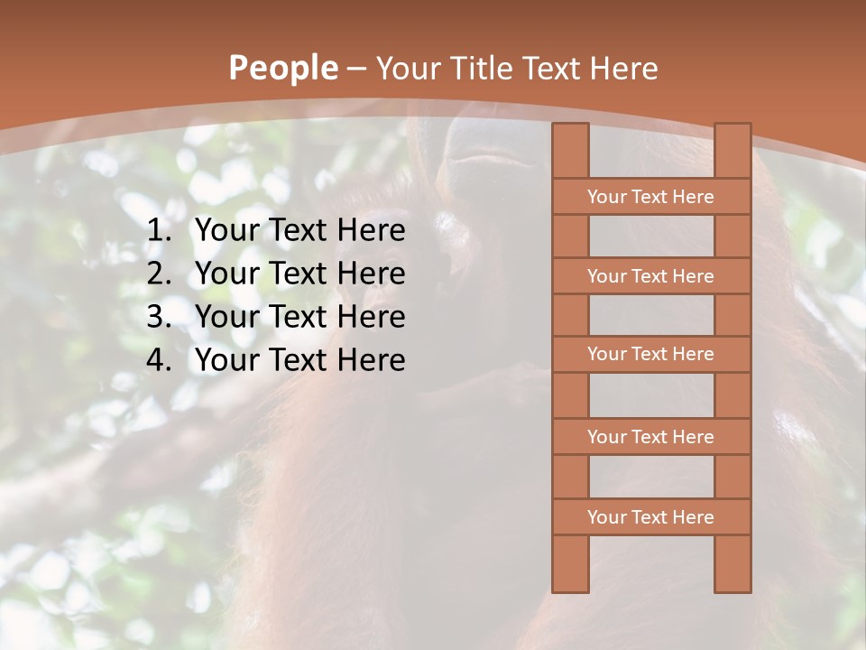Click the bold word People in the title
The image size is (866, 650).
[x=283, y=68]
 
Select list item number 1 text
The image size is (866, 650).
[x=299, y=230]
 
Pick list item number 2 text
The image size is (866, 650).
[x=299, y=274]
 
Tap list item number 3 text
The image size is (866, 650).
[x=299, y=317]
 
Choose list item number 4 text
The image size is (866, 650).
[x=299, y=360]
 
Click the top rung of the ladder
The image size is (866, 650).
[x=650, y=197]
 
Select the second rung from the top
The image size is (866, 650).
[x=650, y=276]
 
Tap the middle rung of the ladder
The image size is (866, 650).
[x=650, y=354]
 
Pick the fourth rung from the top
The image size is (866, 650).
[x=650, y=437]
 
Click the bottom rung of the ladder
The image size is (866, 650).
[x=650, y=517]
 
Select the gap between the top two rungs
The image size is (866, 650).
[x=650, y=237]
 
